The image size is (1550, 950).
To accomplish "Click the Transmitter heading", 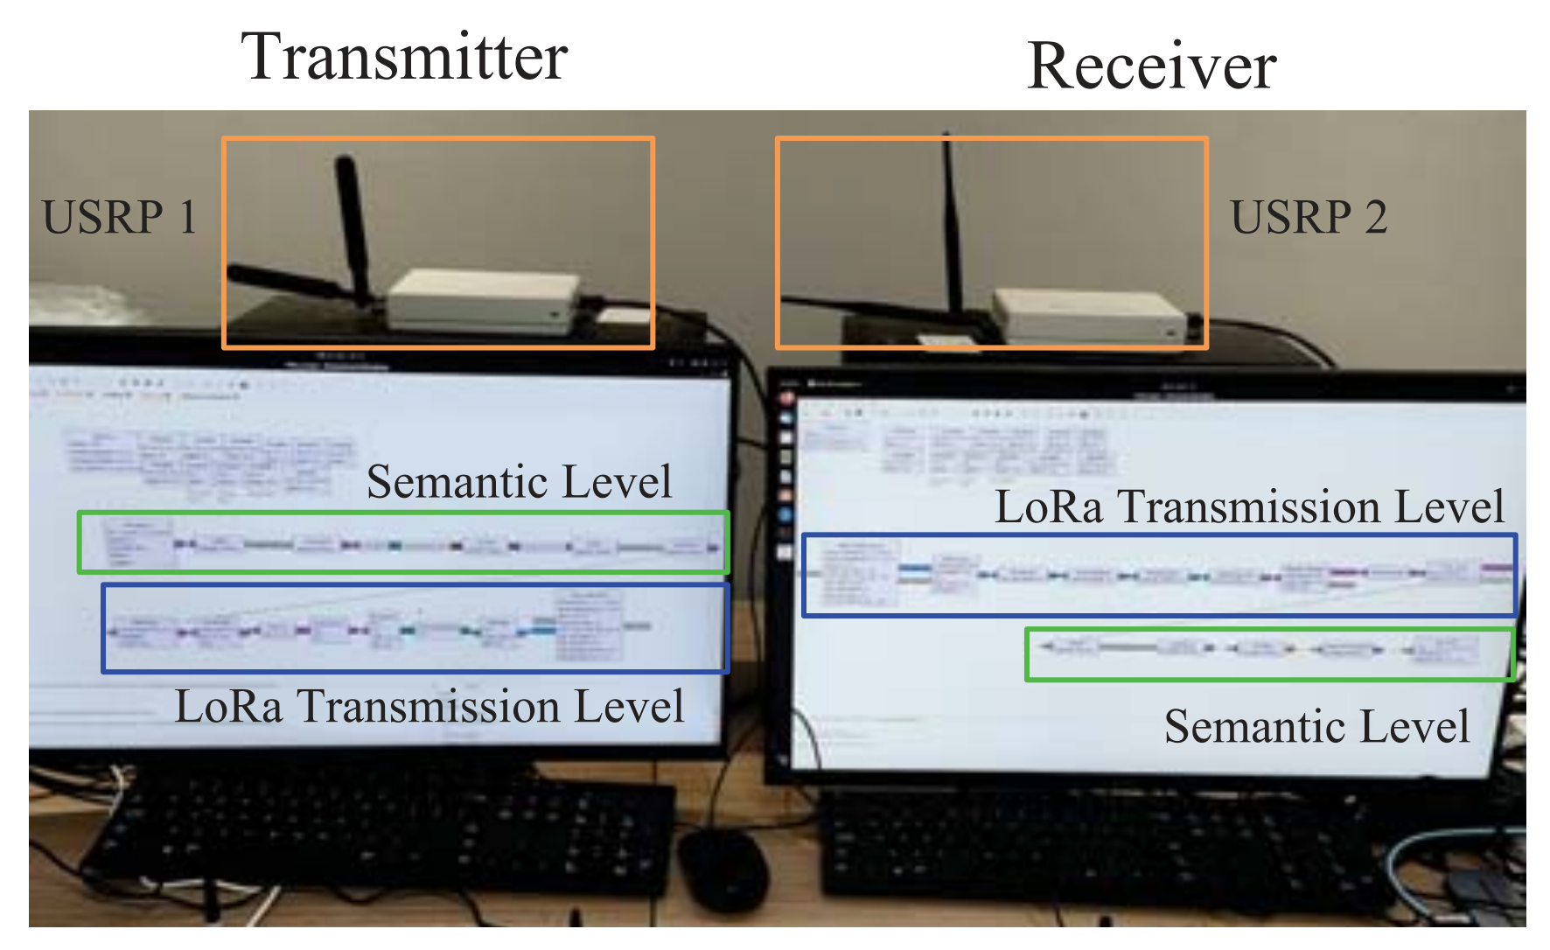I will pyautogui.click(x=404, y=58).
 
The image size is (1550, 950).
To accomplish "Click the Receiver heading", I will pyautogui.click(x=1152, y=66).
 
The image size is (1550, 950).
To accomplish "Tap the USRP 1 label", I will pyautogui.click(x=120, y=217).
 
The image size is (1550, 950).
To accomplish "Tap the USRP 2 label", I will pyautogui.click(x=1309, y=217).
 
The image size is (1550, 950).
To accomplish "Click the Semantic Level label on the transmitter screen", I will pyautogui.click(x=519, y=482).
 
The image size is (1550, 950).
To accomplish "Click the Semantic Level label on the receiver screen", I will pyautogui.click(x=1316, y=726).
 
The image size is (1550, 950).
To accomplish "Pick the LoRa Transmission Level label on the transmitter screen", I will pyautogui.click(x=429, y=706).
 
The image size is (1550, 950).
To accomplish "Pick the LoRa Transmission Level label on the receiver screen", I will pyautogui.click(x=1249, y=506).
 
